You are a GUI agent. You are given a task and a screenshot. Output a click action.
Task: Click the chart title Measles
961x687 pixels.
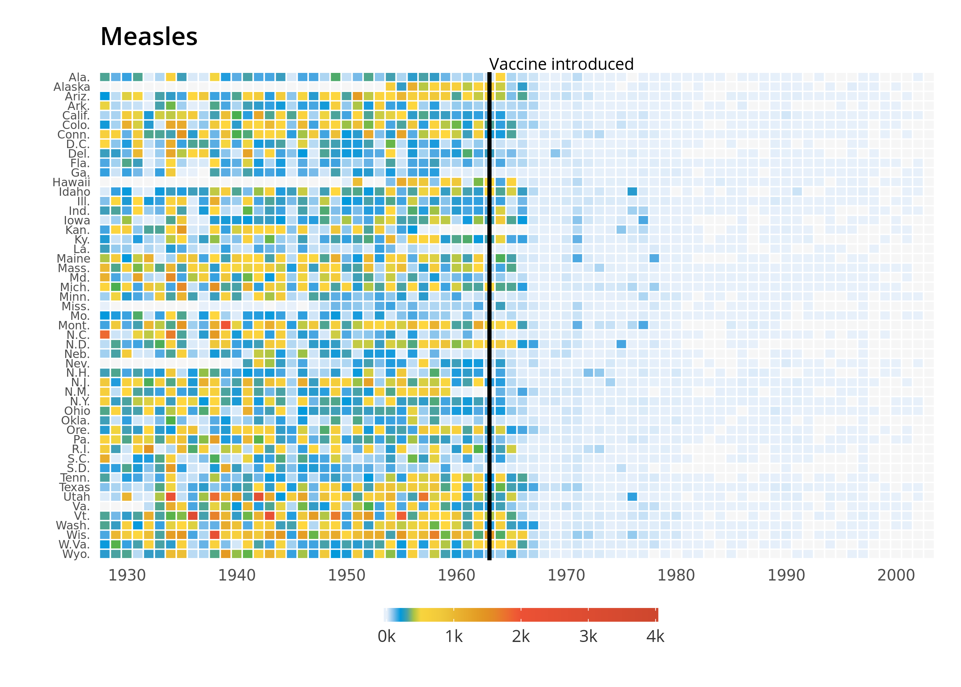[149, 36]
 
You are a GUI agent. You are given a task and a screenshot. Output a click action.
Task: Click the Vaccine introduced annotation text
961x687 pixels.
[561, 64]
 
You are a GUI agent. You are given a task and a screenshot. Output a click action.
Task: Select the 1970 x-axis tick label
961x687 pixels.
[566, 575]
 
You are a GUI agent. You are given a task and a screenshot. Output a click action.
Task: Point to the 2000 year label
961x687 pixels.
[896, 575]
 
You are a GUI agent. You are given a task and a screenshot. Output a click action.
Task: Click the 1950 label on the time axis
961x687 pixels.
[347, 575]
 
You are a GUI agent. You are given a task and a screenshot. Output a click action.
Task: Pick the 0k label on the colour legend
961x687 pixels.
[387, 637]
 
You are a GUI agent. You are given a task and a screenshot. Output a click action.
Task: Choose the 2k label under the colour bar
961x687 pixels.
[521, 637]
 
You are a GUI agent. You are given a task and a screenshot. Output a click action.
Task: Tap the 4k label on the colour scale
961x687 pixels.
[655, 637]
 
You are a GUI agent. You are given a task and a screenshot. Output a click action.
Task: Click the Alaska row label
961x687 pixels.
[72, 87]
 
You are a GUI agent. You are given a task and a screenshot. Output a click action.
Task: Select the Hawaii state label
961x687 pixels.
[71, 182]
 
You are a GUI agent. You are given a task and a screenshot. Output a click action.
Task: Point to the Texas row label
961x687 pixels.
[75, 487]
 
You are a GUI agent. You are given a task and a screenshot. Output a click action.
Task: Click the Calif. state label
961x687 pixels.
[76, 116]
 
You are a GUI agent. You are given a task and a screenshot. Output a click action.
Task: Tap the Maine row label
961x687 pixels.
[74, 258]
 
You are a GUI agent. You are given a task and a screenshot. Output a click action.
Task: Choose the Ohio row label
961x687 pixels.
[77, 411]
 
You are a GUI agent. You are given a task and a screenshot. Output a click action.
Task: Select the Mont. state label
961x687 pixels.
[74, 325]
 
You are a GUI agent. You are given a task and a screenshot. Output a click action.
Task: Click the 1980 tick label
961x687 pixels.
[676, 575]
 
